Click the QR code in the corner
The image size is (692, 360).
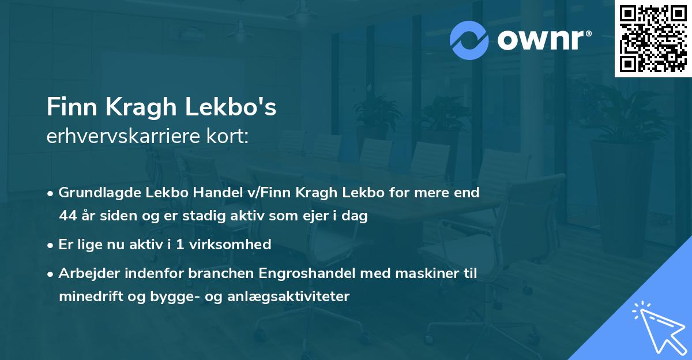coord(653,39)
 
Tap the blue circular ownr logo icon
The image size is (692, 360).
coord(469,40)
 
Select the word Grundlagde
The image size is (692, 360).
coord(95,193)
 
